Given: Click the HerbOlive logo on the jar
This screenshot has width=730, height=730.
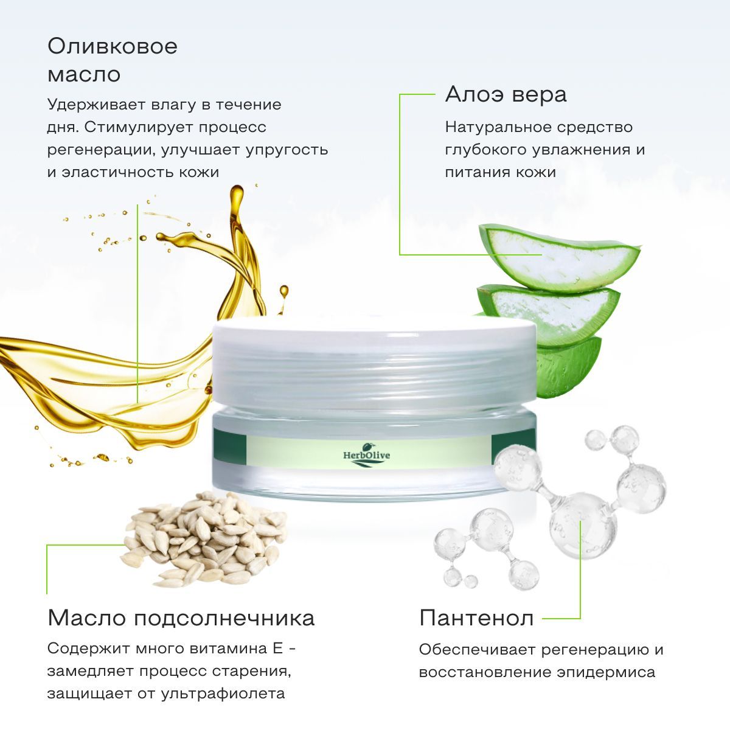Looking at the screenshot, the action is (x=366, y=456).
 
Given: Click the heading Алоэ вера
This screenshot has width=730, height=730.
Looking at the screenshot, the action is (x=506, y=95).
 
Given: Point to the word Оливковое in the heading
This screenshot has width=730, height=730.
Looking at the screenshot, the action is (x=113, y=46).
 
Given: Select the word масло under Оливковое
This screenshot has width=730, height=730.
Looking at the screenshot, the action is (x=84, y=75).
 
